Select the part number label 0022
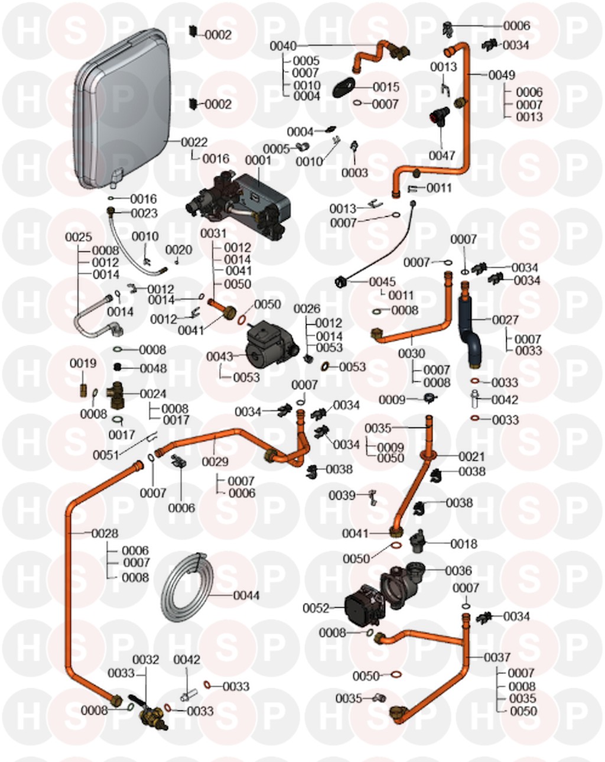pyautogui.click(x=194, y=142)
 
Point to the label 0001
pyautogui.click(x=258, y=160)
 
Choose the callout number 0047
pyautogui.click(x=442, y=155)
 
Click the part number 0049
pyautogui.click(x=502, y=75)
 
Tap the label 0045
pyautogui.click(x=382, y=282)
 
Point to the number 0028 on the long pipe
pyautogui.click(x=105, y=533)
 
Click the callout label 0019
pyautogui.click(x=83, y=364)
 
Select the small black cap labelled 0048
pyautogui.click(x=117, y=368)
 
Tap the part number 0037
pyautogui.click(x=497, y=657)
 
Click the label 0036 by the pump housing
pyautogui.click(x=458, y=571)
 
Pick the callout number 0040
pyautogui.click(x=283, y=46)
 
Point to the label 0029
pyautogui.click(x=214, y=462)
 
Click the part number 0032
pyautogui.click(x=145, y=660)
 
